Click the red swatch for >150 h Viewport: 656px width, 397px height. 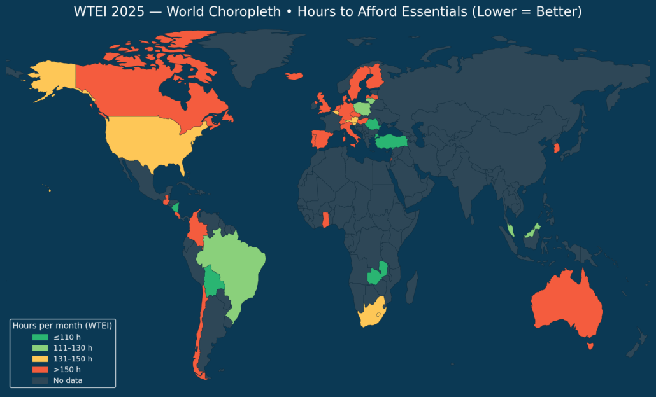click(x=40, y=370)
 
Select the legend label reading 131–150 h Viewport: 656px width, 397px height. click(x=73, y=359)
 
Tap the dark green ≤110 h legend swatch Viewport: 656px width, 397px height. click(x=40, y=337)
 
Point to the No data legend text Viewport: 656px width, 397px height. click(x=68, y=380)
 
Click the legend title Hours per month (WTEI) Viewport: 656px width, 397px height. click(x=62, y=326)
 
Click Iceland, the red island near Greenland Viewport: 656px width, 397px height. click(x=294, y=76)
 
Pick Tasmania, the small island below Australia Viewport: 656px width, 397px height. click(x=590, y=346)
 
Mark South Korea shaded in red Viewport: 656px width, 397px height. click(x=557, y=148)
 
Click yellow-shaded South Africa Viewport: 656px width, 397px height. click(x=370, y=314)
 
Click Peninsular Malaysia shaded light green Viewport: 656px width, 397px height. click(x=511, y=230)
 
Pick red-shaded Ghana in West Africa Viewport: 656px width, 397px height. click(x=325, y=219)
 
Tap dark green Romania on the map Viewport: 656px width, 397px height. click(x=373, y=123)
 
